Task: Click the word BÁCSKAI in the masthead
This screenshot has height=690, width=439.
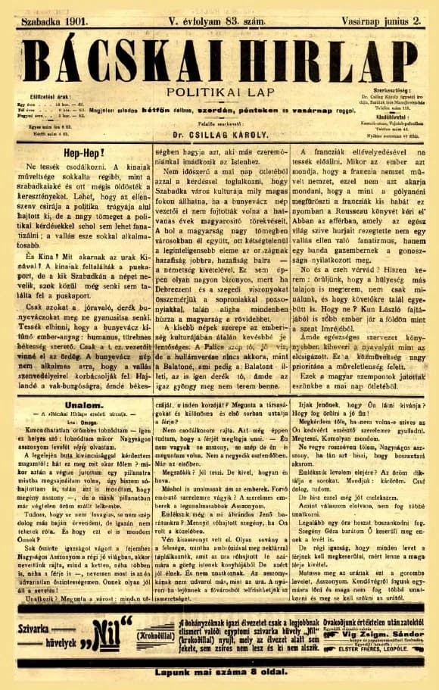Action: coord(121,58)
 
